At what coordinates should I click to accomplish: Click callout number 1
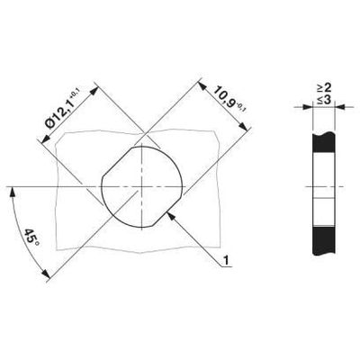point(228,260)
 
